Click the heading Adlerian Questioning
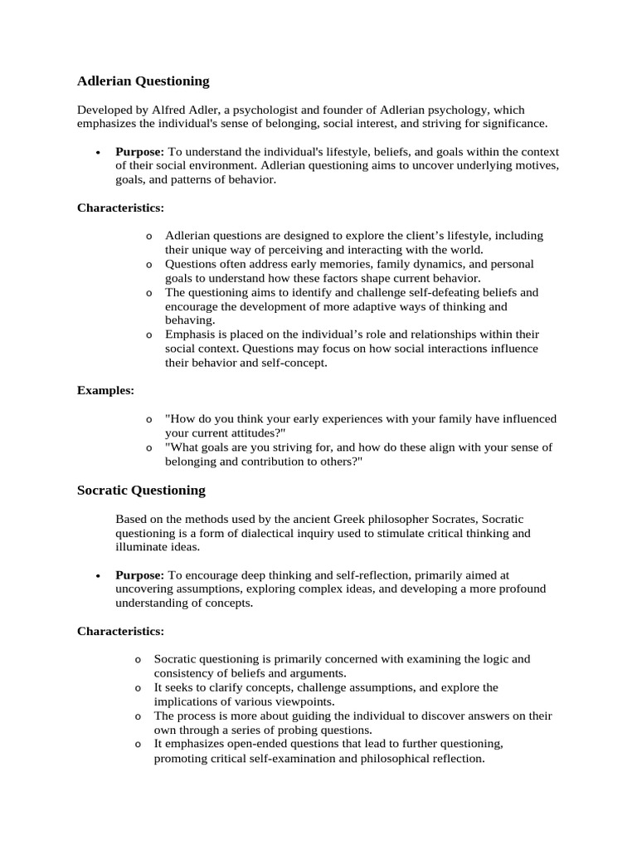(143, 81)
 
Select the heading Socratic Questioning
(141, 491)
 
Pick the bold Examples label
(105, 390)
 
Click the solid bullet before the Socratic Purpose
(98, 575)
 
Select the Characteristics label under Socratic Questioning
(120, 631)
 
